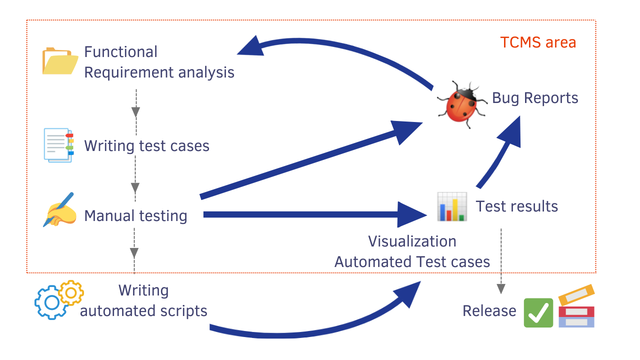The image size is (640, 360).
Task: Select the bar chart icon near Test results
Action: point(451,206)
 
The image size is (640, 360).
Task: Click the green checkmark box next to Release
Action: point(538,312)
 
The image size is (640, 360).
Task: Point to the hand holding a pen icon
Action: point(59,210)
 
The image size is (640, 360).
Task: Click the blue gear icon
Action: point(50,302)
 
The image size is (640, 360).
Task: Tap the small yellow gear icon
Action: point(71,292)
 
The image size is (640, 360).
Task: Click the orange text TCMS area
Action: point(538,42)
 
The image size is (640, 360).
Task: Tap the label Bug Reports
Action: point(535,98)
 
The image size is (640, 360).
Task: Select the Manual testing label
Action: point(135,216)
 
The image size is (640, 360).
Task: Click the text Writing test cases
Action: point(146,145)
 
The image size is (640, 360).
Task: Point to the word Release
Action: point(489,311)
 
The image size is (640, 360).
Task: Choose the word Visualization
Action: point(412,241)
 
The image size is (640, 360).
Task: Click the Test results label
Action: point(516,206)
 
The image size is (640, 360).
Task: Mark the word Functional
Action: point(120,52)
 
